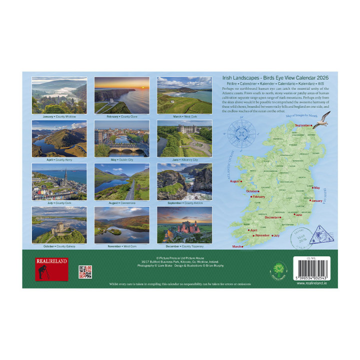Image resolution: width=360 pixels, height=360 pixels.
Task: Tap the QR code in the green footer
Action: pos(85,272)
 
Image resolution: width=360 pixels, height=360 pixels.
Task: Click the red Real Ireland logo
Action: pos(51,268)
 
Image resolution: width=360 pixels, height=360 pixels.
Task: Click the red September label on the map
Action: pos(302,125)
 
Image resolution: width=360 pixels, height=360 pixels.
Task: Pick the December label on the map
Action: pos(272,217)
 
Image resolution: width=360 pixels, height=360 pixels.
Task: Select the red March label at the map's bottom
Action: pos(236,246)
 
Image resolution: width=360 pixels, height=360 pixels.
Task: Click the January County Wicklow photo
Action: pos(59,95)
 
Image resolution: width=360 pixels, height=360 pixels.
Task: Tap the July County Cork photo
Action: pos(59,181)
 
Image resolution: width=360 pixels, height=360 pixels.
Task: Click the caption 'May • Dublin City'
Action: pos(121,160)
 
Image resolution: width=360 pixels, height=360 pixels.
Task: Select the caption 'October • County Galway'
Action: pos(59,246)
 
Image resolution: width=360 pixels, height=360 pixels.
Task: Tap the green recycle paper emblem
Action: pos(277,269)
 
